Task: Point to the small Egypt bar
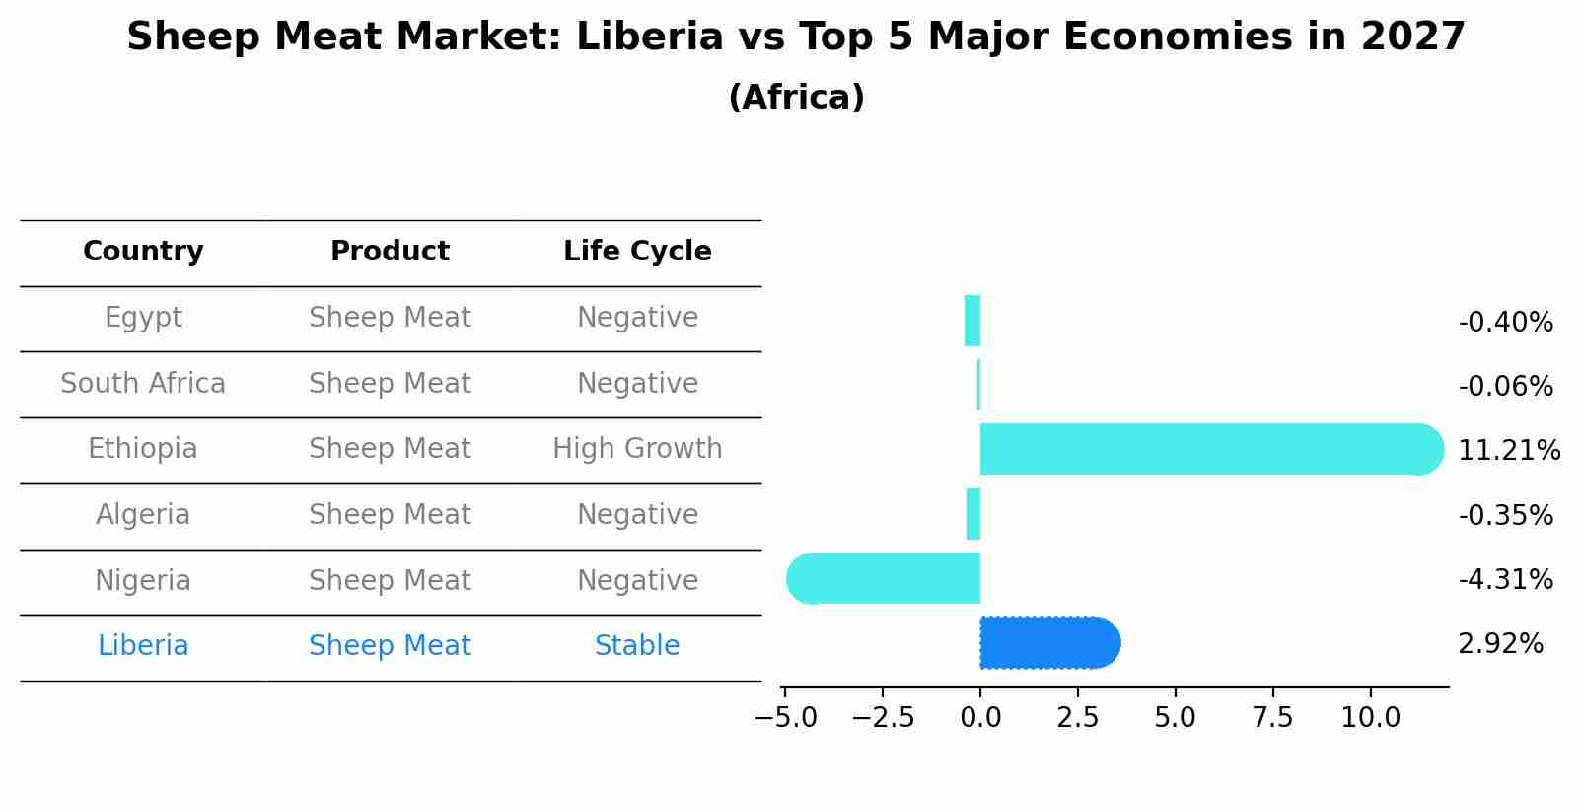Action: [x=972, y=321]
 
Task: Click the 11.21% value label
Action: [x=1508, y=451]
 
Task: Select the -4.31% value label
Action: [x=1505, y=579]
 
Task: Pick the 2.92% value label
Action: [x=1500, y=644]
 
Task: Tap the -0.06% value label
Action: [x=1505, y=387]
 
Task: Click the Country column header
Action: [x=143, y=252]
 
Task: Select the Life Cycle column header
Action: [x=637, y=252]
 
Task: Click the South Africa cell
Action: [x=143, y=383]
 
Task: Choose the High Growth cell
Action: [x=637, y=449]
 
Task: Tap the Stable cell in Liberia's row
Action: [x=637, y=646]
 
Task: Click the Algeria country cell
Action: [x=143, y=515]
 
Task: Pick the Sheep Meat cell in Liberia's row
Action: [x=390, y=646]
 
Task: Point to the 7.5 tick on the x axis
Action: [x=1272, y=717]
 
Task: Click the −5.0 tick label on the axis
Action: [x=785, y=717]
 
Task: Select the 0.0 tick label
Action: [x=980, y=717]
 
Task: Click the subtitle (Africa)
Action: [x=796, y=98]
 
